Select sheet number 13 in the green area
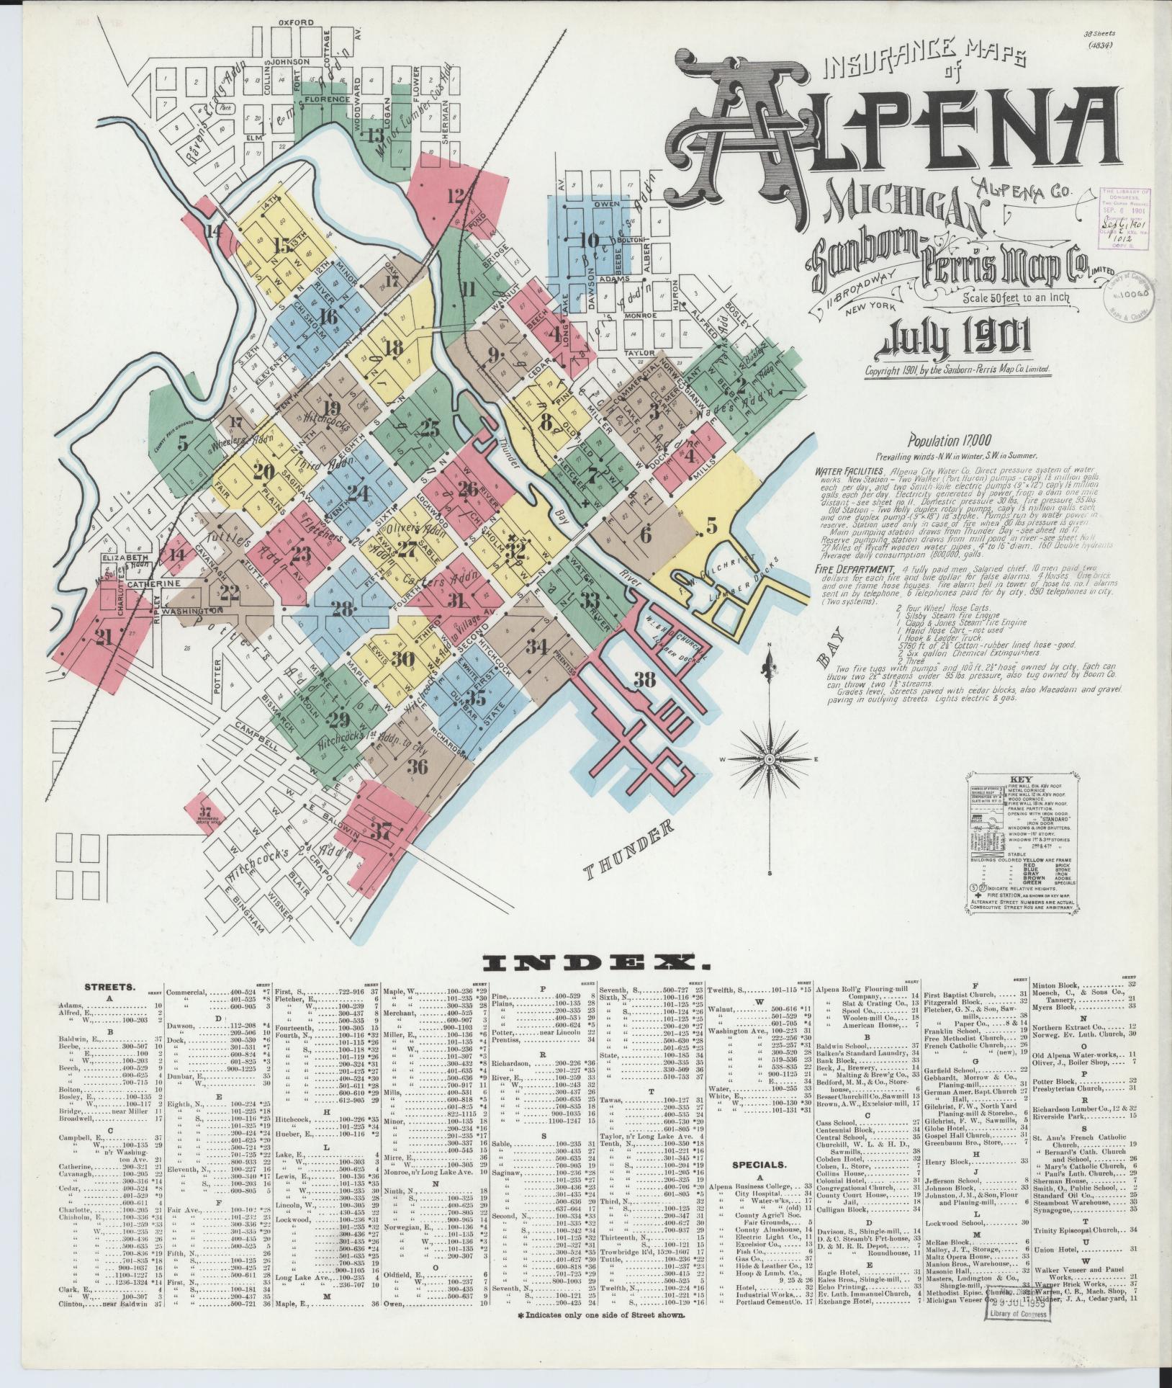pos(375,135)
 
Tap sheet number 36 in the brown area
pos(418,766)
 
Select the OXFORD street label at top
pos(295,22)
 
